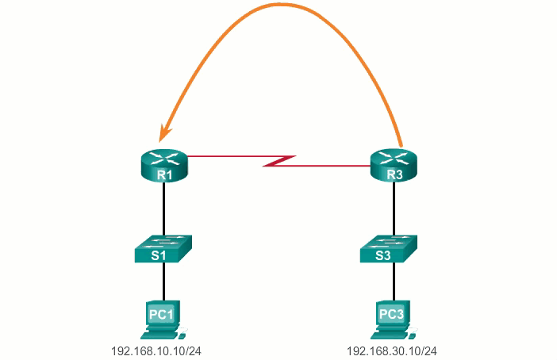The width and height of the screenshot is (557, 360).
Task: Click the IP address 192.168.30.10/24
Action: (392, 350)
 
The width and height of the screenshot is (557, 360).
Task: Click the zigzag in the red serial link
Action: (279, 162)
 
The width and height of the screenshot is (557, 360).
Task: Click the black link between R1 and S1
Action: (163, 208)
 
